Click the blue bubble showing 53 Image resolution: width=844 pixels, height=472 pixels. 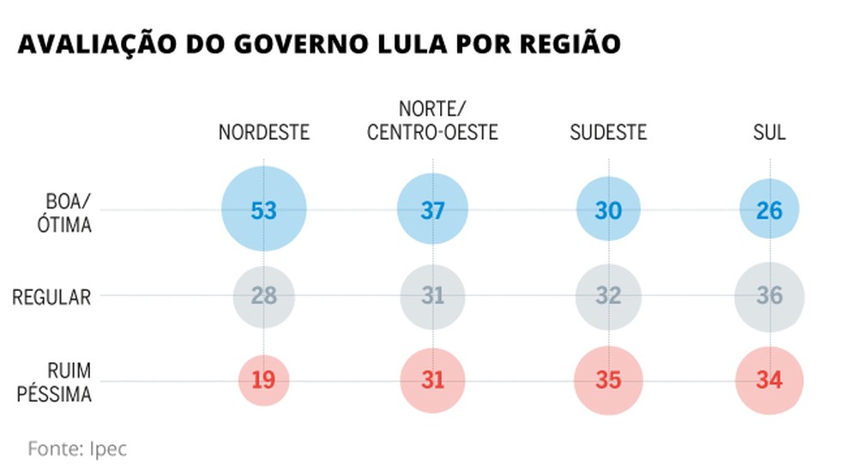point(263,209)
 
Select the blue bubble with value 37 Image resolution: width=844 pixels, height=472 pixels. point(433,209)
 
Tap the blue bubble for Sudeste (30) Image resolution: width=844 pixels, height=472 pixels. point(608,209)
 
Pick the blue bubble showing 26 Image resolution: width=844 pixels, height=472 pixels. point(769,209)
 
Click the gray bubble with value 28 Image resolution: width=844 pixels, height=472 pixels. point(263,296)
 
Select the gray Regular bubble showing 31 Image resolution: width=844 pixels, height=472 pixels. point(433,296)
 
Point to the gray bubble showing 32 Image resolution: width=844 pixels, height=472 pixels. point(608,296)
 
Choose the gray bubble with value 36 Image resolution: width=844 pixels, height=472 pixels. point(769,296)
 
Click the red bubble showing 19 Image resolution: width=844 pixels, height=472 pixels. point(263,379)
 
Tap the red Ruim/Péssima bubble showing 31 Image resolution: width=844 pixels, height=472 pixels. point(433,379)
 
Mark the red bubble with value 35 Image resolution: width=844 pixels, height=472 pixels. point(608,379)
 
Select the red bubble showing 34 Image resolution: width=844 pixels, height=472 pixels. point(769,379)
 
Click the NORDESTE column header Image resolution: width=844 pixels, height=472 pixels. point(263,133)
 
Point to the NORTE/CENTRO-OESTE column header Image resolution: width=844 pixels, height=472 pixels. point(432,122)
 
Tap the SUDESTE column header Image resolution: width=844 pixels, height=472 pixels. point(608,133)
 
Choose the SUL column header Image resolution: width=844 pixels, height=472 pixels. point(769,133)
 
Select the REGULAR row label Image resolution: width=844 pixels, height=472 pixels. point(51,297)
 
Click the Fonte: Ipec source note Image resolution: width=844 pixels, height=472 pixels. point(77,449)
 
